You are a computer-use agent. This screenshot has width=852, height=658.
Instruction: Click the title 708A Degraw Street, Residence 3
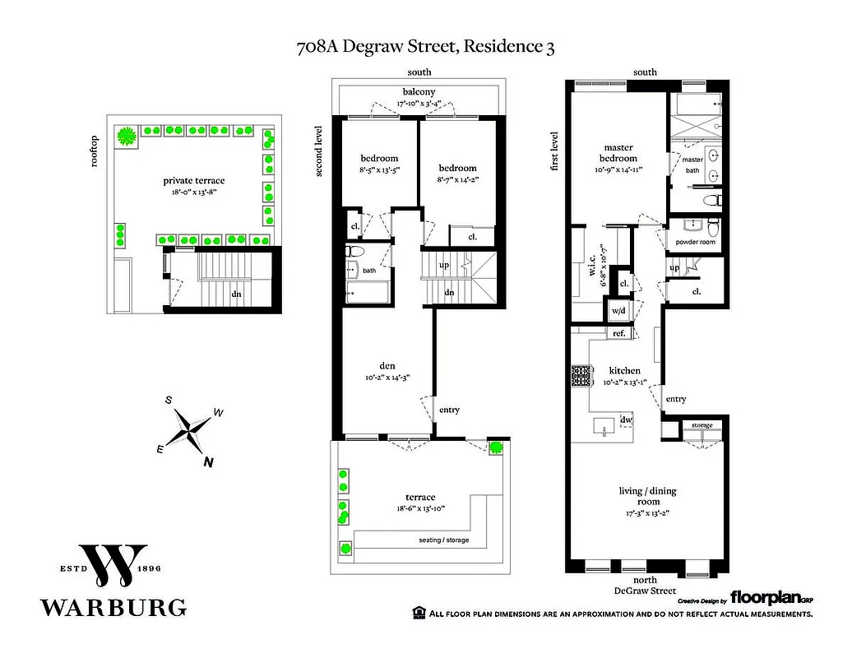pyautogui.click(x=425, y=47)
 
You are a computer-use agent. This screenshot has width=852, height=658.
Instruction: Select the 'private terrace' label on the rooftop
pyautogui.click(x=193, y=181)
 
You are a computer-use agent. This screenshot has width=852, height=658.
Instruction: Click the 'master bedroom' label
pyautogui.click(x=617, y=154)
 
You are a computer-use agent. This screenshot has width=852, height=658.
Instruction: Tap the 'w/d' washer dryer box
pyautogui.click(x=617, y=310)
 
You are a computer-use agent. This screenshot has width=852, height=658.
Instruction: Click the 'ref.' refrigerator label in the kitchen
pyautogui.click(x=619, y=333)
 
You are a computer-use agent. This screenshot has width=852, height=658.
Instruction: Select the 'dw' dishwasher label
pyautogui.click(x=626, y=419)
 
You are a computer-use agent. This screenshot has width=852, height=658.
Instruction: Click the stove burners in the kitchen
pyautogui.click(x=582, y=376)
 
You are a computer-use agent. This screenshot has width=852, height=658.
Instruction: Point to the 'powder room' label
pyautogui.click(x=697, y=243)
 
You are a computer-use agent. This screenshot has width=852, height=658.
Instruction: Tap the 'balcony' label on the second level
pyautogui.click(x=419, y=91)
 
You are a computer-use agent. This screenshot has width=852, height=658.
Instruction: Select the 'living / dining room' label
pyautogui.click(x=647, y=496)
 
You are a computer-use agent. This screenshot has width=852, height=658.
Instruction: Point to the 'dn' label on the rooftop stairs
pyautogui.click(x=236, y=293)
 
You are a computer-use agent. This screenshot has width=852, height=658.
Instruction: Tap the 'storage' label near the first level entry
pyautogui.click(x=702, y=425)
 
